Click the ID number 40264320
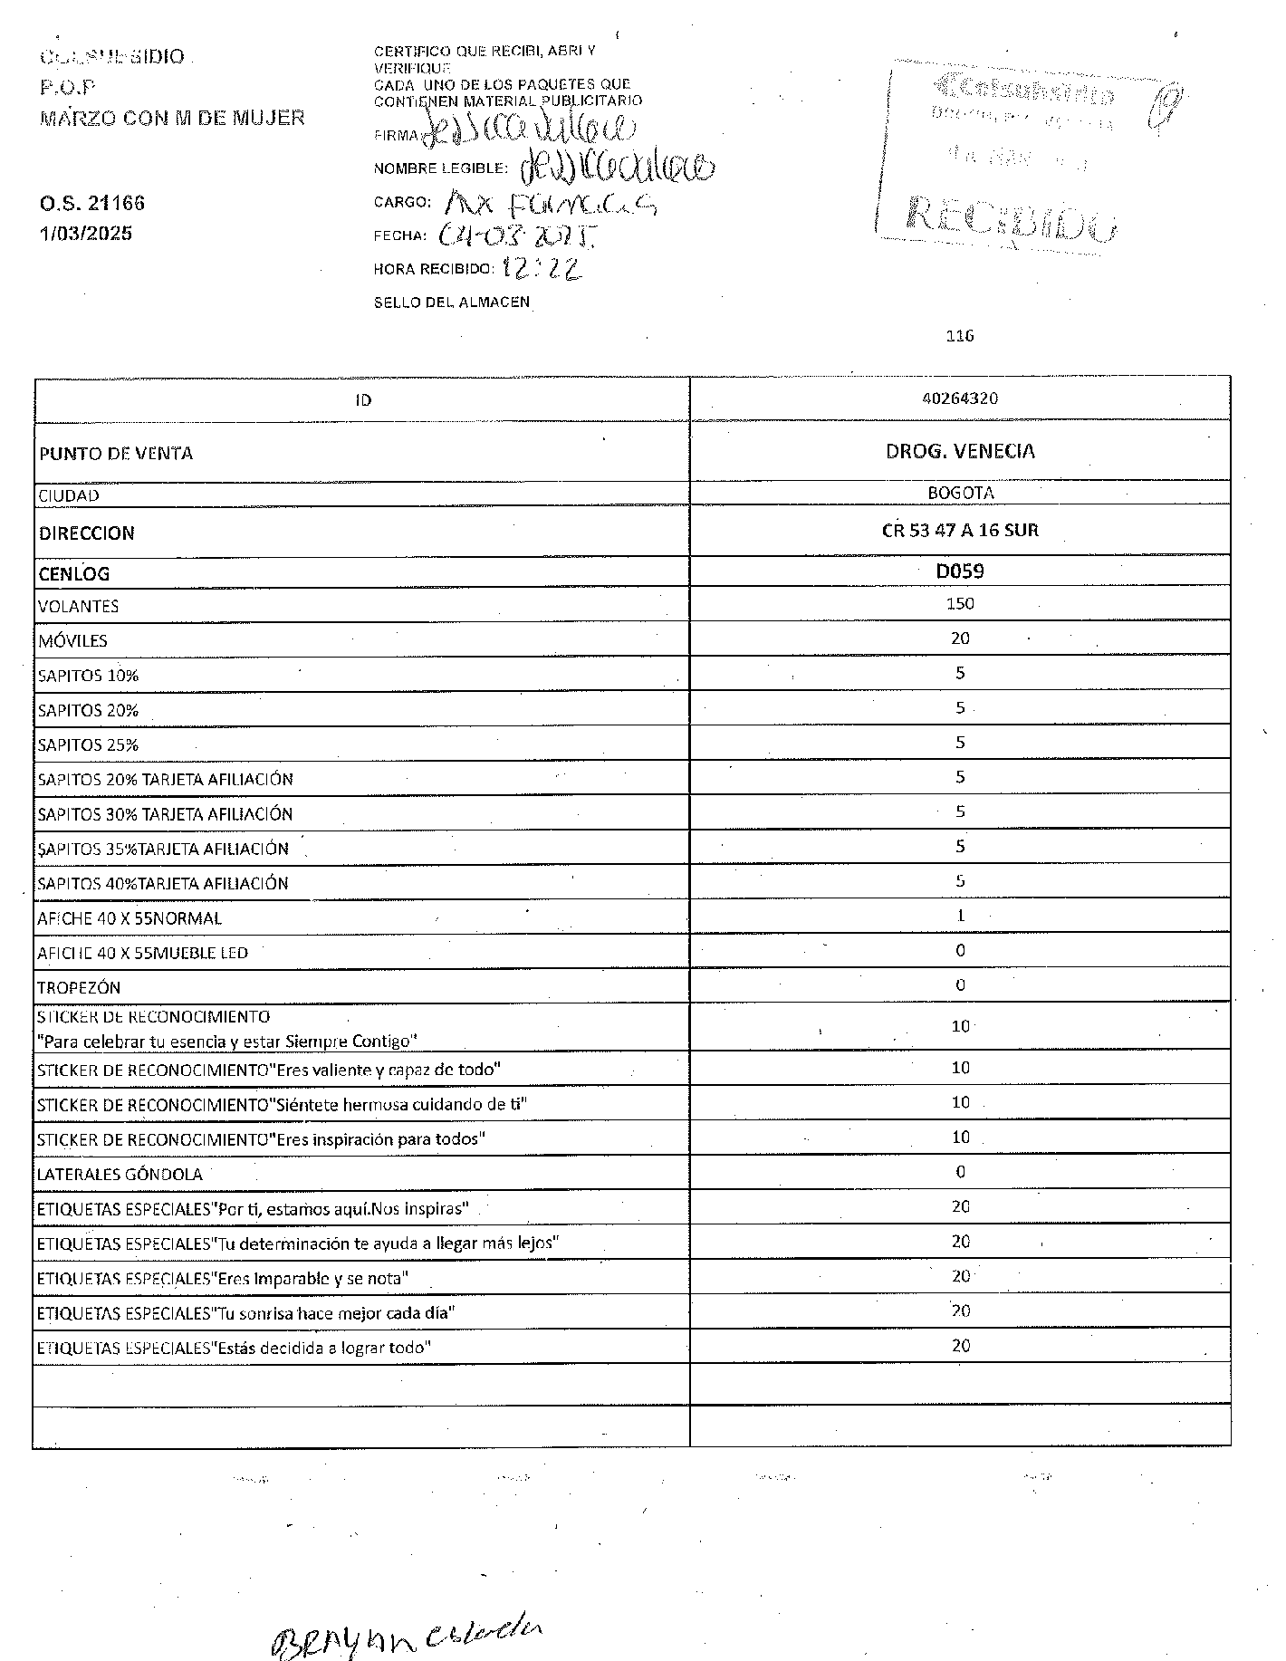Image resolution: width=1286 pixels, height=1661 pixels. coord(959,398)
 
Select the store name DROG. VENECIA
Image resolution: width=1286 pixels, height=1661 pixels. coord(960,451)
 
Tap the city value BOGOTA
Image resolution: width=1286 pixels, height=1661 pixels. coord(960,494)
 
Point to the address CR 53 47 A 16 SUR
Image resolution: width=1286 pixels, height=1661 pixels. coord(960,531)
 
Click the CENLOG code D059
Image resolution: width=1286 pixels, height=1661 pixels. coord(960,571)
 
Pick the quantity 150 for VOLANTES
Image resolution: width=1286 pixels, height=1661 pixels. coord(960,604)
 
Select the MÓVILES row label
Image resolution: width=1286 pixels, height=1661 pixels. coord(72,641)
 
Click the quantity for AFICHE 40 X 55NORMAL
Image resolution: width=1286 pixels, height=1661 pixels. coord(961,916)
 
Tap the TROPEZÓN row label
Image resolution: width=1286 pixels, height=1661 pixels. coord(79,987)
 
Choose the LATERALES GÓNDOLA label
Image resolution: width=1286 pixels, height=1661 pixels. coord(120,1175)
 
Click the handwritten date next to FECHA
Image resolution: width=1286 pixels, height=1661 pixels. coord(517,236)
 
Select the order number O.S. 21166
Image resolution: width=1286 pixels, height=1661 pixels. coord(91,203)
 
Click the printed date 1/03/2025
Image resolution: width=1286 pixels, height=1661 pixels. coord(86,234)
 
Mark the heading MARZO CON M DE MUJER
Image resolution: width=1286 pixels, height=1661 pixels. coord(172,118)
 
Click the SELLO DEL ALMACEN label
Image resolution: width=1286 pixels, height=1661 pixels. coord(451,302)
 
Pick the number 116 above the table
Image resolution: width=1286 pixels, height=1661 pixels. coord(959,336)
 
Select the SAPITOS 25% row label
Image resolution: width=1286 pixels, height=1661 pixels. coord(88,745)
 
